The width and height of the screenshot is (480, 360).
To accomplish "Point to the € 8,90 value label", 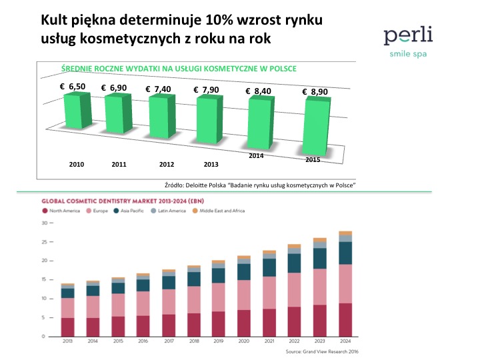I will (x=314, y=92).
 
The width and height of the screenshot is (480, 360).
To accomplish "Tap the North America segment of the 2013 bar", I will (x=67, y=327).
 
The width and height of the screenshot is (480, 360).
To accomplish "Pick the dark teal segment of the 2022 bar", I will (x=294, y=263).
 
